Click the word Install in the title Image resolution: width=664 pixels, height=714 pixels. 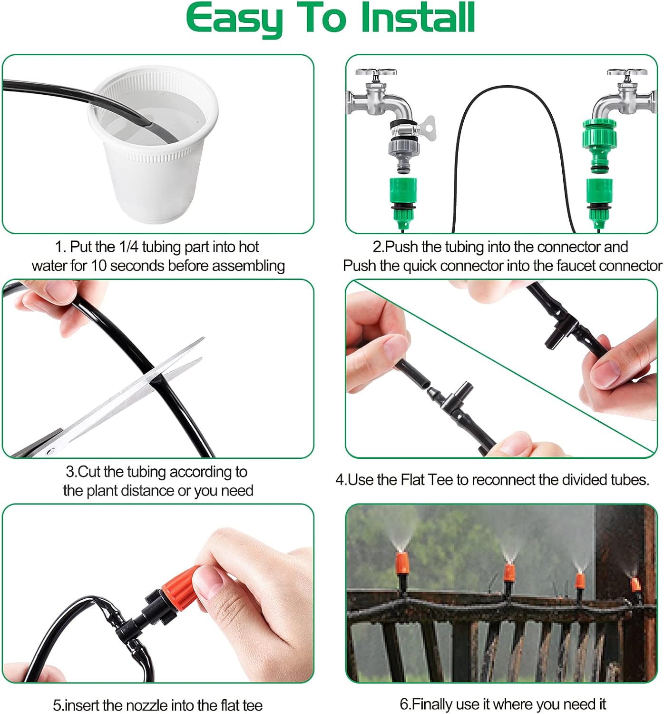pos(418,18)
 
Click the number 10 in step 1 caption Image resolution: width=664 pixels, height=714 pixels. pos(99,266)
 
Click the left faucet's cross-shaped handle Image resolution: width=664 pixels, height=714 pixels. pos(376,74)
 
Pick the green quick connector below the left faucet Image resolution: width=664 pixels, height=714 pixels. pos(403,195)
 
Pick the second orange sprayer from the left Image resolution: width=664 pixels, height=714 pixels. pos(509,573)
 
